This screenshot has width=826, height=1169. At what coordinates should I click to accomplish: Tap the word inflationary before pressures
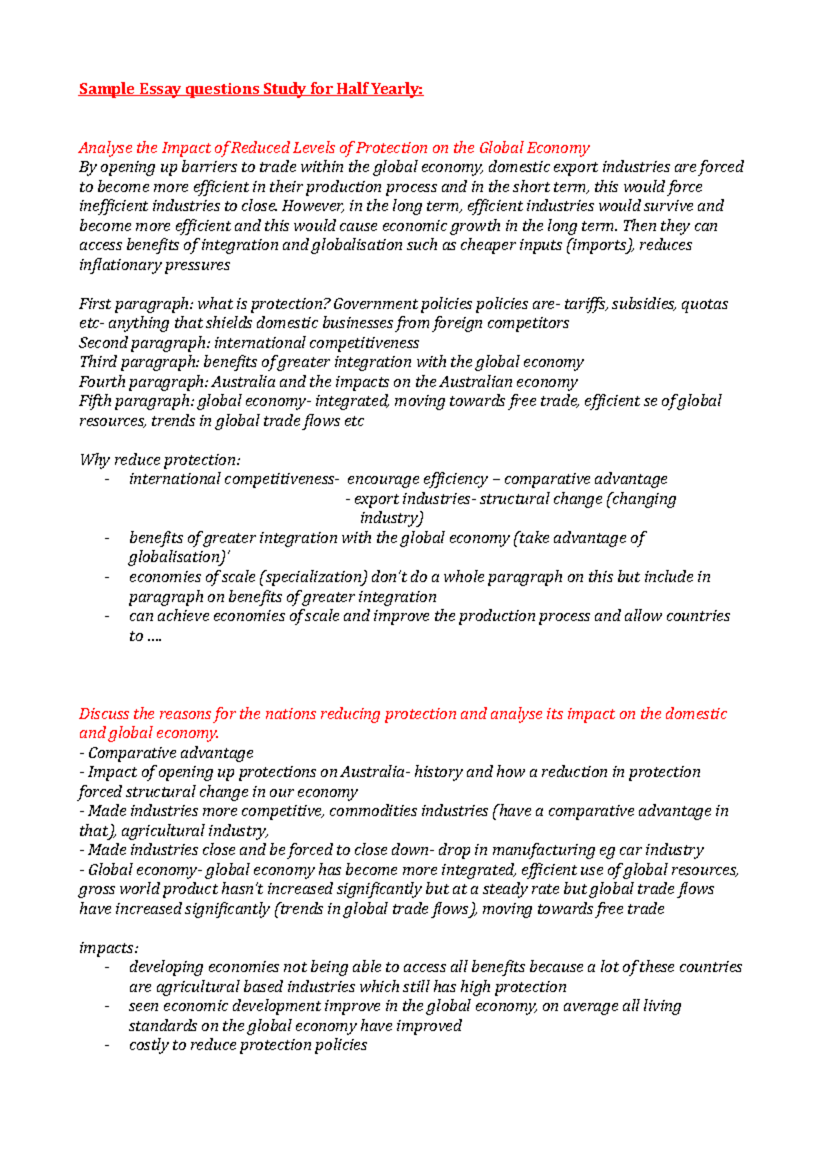[111, 265]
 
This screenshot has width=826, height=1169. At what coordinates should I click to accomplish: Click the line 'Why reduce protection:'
[160, 460]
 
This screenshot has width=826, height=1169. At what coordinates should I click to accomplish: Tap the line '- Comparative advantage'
[166, 753]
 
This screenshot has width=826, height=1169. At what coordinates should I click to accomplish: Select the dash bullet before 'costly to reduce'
[107, 1046]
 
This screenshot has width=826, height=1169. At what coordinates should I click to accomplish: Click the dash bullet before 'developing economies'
[107, 968]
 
